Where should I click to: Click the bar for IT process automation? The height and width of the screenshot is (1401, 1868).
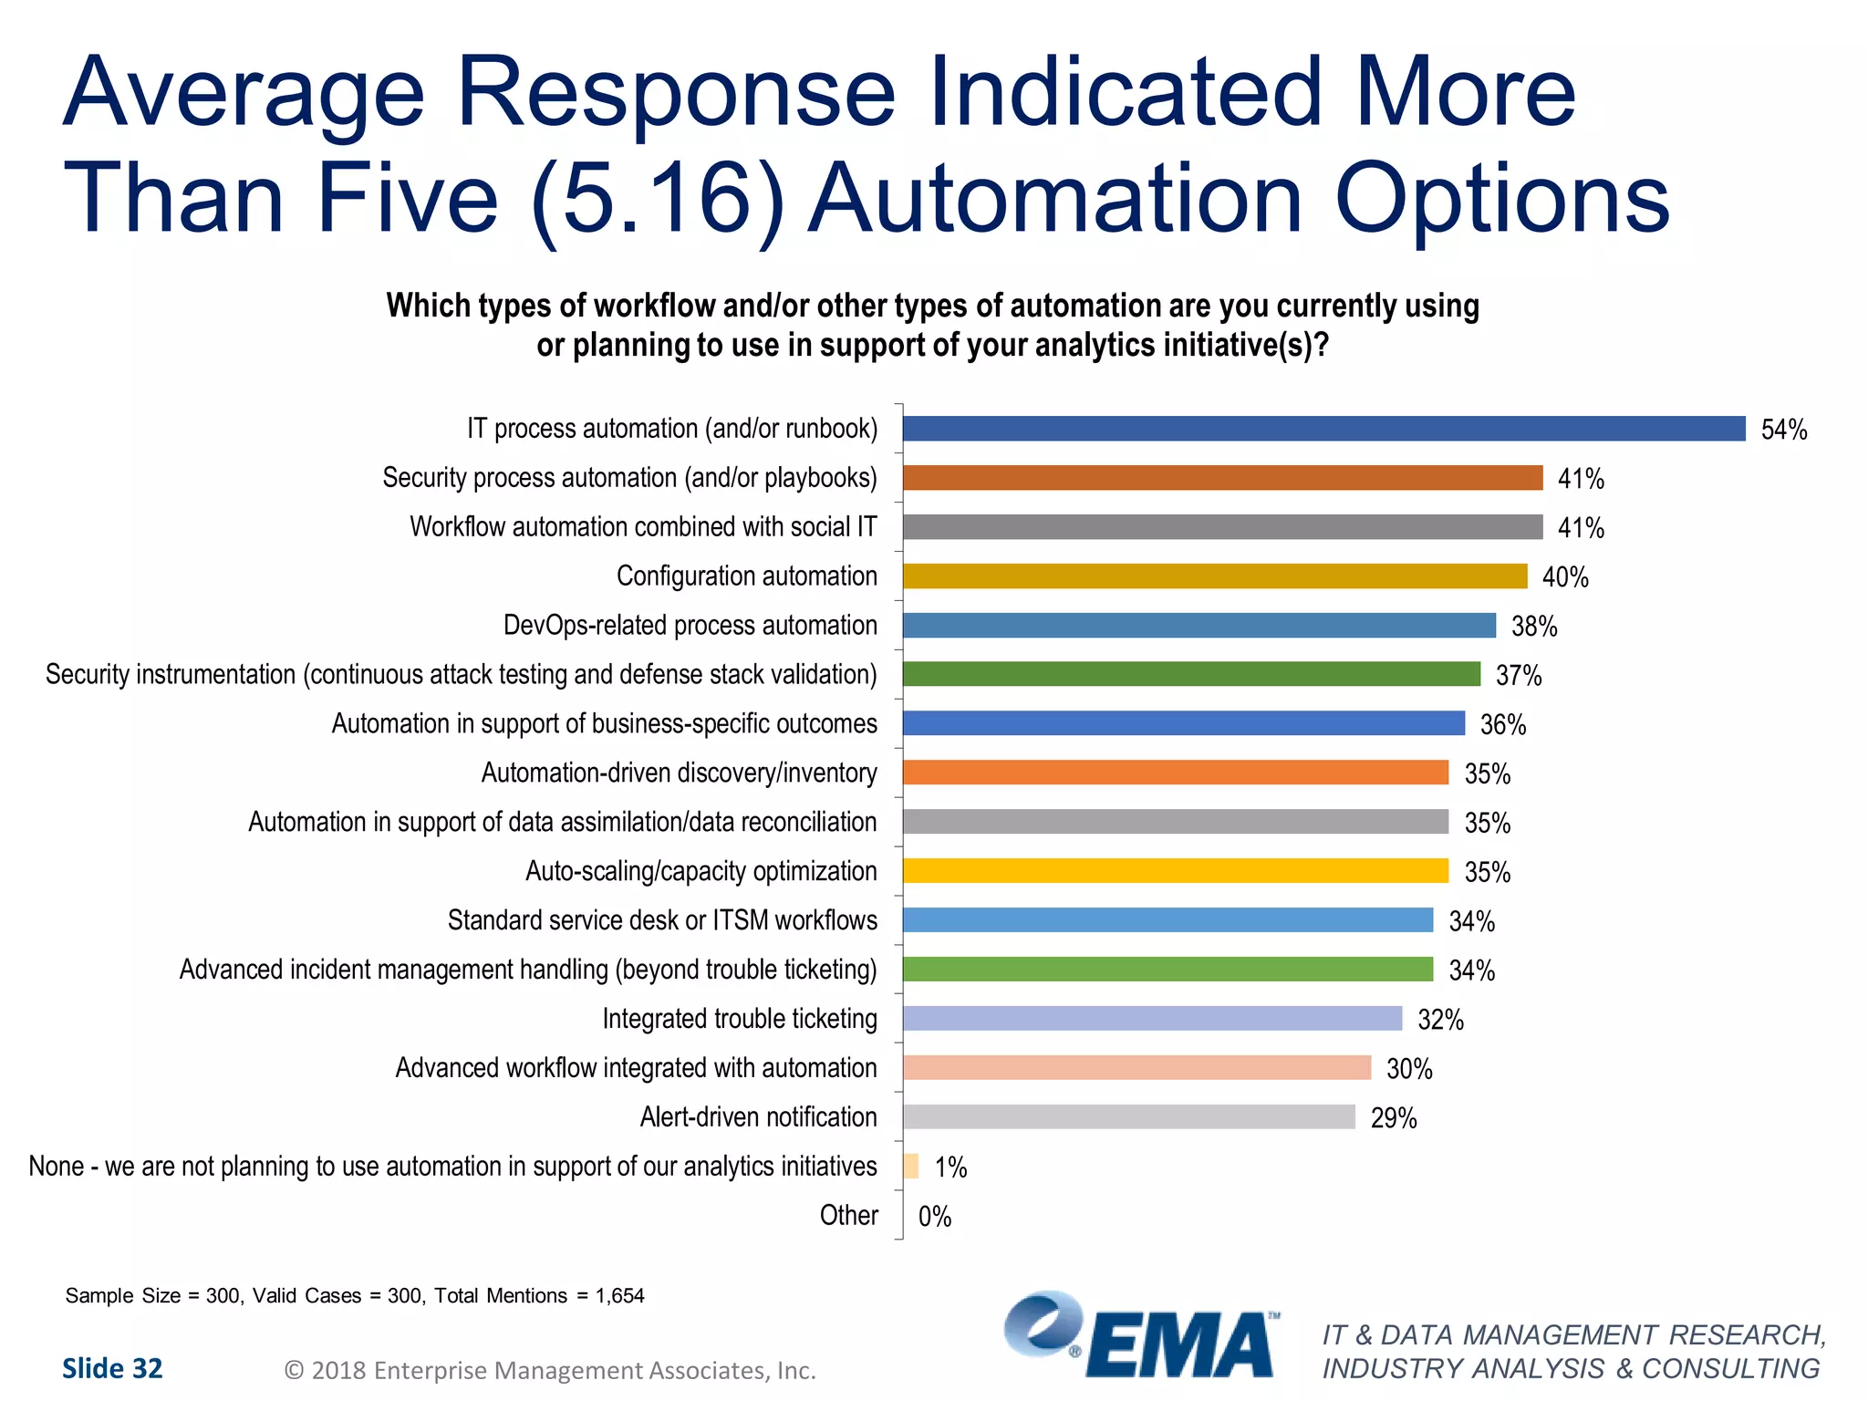1323,429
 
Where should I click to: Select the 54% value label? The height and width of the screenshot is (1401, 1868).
1783,430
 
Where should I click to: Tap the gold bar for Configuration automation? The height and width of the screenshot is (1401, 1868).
1214,576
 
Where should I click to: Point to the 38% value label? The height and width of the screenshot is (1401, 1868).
1534,627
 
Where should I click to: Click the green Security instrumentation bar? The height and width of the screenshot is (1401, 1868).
1191,674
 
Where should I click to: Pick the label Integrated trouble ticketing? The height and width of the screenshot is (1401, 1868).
739,1019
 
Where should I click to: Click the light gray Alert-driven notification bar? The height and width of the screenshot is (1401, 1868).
1128,1117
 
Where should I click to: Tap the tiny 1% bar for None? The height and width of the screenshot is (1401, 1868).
910,1167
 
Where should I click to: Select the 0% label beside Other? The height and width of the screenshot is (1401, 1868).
934,1217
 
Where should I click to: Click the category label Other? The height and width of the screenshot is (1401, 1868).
848,1216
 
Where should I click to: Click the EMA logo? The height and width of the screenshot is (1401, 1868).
1140,1336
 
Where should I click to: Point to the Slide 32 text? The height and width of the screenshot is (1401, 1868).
112,1368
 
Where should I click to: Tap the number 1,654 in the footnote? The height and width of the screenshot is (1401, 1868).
619,1296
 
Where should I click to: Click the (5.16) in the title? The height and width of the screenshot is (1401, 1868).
657,198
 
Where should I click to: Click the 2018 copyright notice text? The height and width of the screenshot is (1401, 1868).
550,1371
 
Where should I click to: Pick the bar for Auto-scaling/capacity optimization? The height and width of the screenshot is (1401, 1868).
1175,871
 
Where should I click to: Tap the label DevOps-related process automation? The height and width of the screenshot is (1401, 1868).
690,626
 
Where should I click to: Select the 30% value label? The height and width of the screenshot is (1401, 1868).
1409,1069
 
